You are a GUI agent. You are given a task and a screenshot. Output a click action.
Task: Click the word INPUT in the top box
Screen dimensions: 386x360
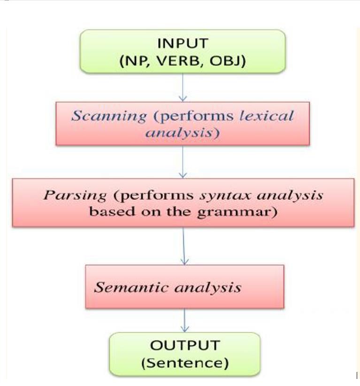coord(182,44)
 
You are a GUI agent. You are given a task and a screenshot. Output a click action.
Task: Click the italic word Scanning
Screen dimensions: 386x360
coord(109,116)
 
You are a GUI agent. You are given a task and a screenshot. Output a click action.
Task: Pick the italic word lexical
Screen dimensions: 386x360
coord(267,116)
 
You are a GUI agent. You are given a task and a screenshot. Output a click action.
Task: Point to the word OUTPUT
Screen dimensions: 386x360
coord(184,346)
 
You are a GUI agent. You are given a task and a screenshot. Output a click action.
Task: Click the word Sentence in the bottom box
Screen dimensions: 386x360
coord(184,363)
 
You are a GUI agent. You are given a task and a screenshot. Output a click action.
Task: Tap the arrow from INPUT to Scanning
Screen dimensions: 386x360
coord(183,87)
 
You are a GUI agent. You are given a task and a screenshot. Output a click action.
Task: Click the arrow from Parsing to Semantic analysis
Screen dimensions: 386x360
coord(184,246)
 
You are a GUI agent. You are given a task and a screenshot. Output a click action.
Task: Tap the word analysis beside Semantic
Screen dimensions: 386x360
coord(208,287)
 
